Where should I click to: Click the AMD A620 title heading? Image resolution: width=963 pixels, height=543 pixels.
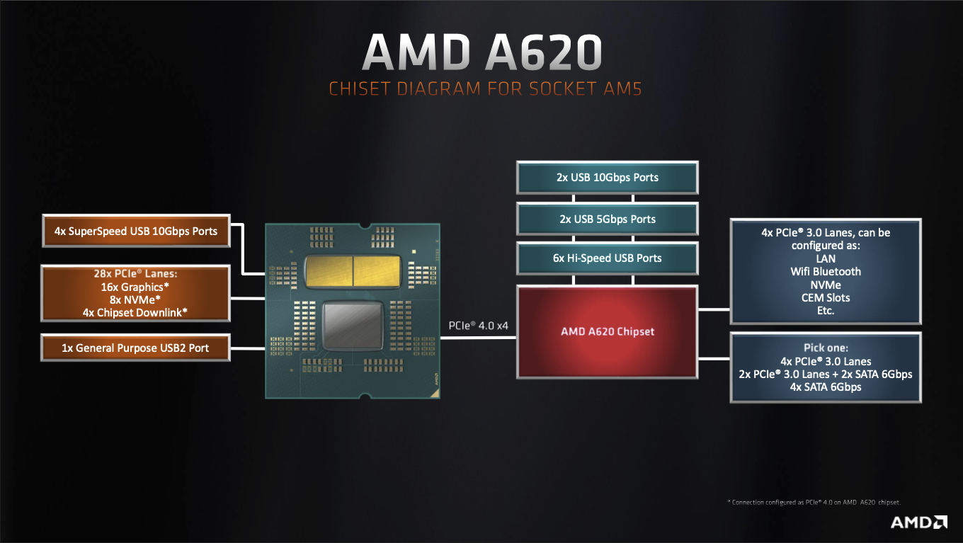[x=481, y=52]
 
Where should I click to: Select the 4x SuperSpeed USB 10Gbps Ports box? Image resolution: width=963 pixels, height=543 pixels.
[x=136, y=231]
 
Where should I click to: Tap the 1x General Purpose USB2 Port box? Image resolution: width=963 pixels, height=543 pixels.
[x=136, y=348]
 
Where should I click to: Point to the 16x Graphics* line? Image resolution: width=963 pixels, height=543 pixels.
[x=136, y=287]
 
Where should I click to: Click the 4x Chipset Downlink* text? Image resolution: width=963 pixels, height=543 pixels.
[x=136, y=312]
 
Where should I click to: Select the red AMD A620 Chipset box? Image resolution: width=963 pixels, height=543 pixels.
[x=608, y=331]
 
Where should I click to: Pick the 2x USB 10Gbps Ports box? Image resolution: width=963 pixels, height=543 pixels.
[x=608, y=178]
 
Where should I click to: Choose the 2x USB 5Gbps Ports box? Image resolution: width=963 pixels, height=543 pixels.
[x=608, y=219]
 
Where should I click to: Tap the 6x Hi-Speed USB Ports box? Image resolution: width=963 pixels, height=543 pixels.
[x=608, y=258]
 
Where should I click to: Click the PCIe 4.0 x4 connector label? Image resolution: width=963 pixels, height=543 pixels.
[x=477, y=326]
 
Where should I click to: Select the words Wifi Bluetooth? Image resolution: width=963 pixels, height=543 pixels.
[x=826, y=271]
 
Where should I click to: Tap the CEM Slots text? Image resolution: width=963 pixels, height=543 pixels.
[x=826, y=297]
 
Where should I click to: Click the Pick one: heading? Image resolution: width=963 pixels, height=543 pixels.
[x=826, y=348]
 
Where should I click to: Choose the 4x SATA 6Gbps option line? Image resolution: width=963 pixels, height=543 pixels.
[x=826, y=387]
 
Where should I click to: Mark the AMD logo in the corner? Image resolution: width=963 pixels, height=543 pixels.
[x=918, y=523]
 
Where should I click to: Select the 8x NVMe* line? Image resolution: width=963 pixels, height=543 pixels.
[x=136, y=300]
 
